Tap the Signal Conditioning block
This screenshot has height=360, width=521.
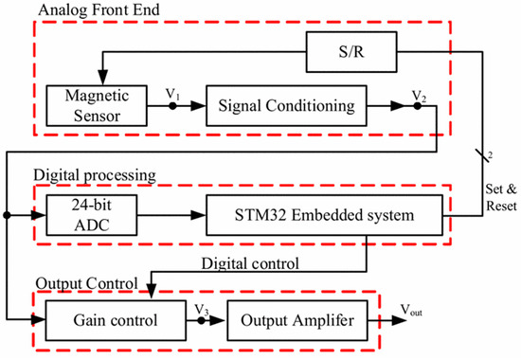pos(286,104)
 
